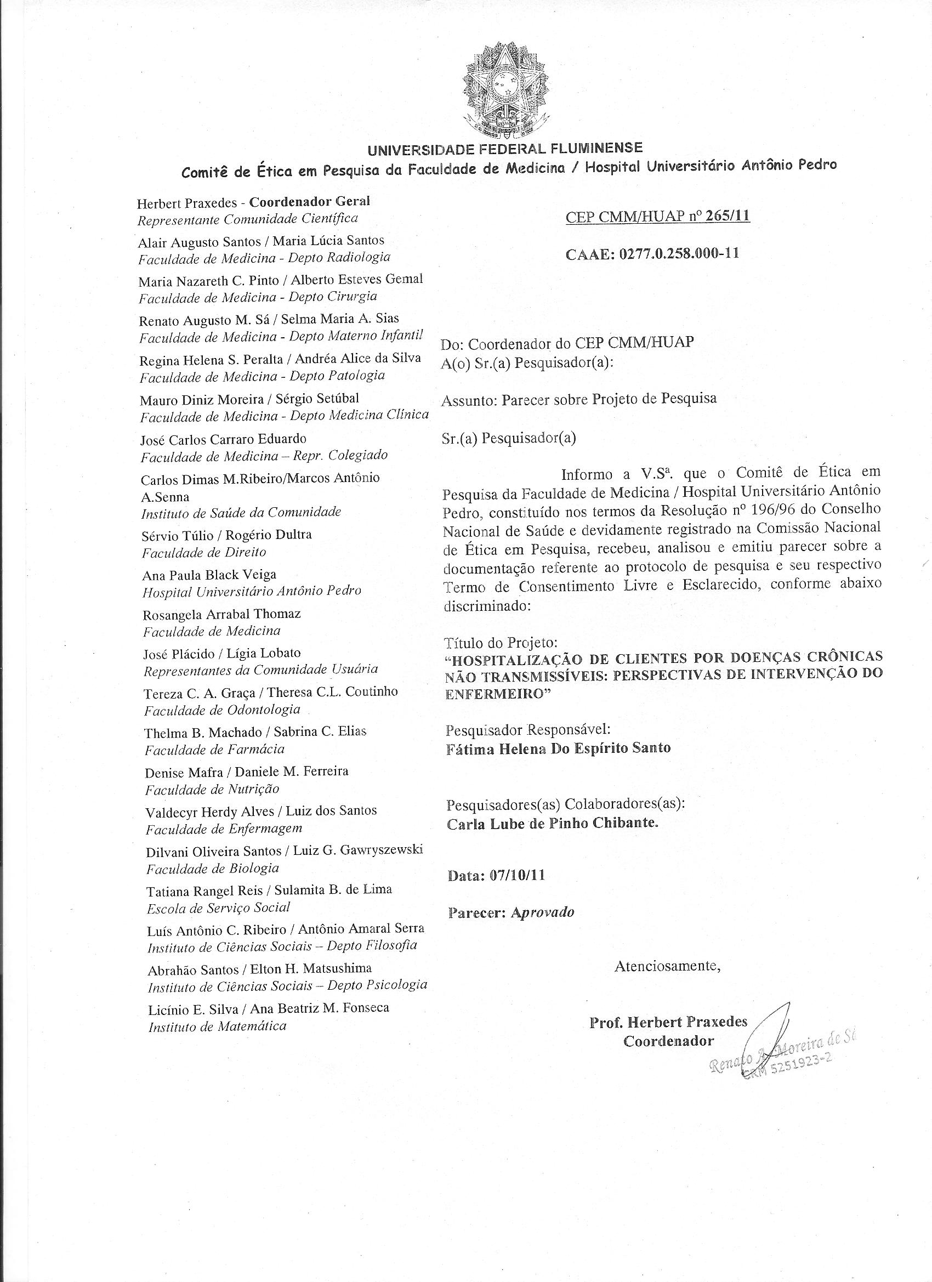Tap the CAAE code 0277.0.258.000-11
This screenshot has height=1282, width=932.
679,253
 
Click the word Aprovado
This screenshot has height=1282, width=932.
542,912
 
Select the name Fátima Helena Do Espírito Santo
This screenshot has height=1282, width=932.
559,748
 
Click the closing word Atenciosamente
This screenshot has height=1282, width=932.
668,966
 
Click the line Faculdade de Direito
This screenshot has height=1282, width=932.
203,552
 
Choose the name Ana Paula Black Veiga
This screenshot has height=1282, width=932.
209,575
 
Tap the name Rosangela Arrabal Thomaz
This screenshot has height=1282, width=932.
221,614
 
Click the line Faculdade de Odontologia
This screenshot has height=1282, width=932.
221,710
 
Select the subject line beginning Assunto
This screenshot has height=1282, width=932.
578,399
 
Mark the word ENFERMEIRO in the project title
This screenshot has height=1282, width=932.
494,695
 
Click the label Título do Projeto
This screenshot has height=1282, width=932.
502,643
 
